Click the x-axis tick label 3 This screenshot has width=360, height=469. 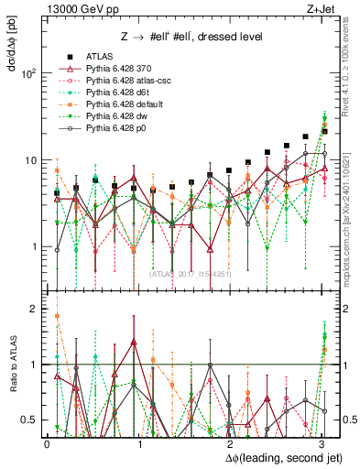point(322,443)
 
